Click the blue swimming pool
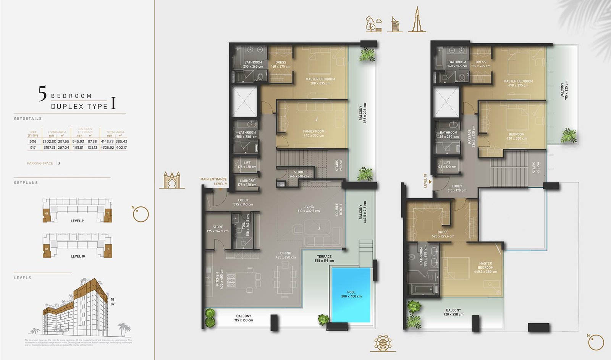pyautogui.click(x=351, y=294)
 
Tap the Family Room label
pyautogui.click(x=314, y=133)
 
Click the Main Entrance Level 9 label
pyautogui.click(x=213, y=182)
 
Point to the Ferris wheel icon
pyautogui.click(x=382, y=342)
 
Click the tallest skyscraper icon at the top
pyautogui.click(x=417, y=19)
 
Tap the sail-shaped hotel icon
pyautogui.click(x=394, y=24)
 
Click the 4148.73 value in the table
pyautogui.click(x=107, y=141)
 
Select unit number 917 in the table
pyautogui.click(x=33, y=148)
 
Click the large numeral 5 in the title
pyautogui.click(x=42, y=94)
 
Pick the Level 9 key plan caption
pyautogui.click(x=77, y=221)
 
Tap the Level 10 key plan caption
pyautogui.click(x=78, y=256)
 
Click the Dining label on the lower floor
pyautogui.click(x=286, y=255)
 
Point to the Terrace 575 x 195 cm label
pyautogui.click(x=324, y=259)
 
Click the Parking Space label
pyautogui.click(x=40, y=163)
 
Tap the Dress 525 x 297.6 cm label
pyautogui.click(x=443, y=234)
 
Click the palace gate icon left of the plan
pyautogui.click(x=171, y=180)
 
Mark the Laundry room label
pyautogui.click(x=247, y=183)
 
